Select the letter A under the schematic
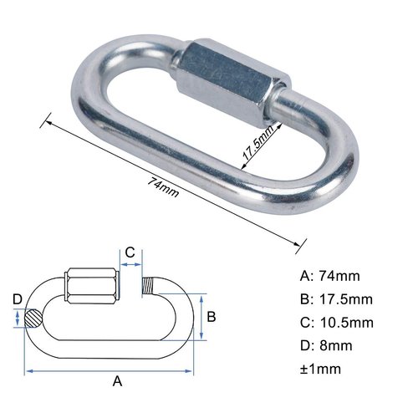[x=118, y=381]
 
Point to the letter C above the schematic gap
[x=130, y=252]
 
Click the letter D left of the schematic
[x=17, y=299]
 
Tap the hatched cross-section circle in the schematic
[x=33, y=318]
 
